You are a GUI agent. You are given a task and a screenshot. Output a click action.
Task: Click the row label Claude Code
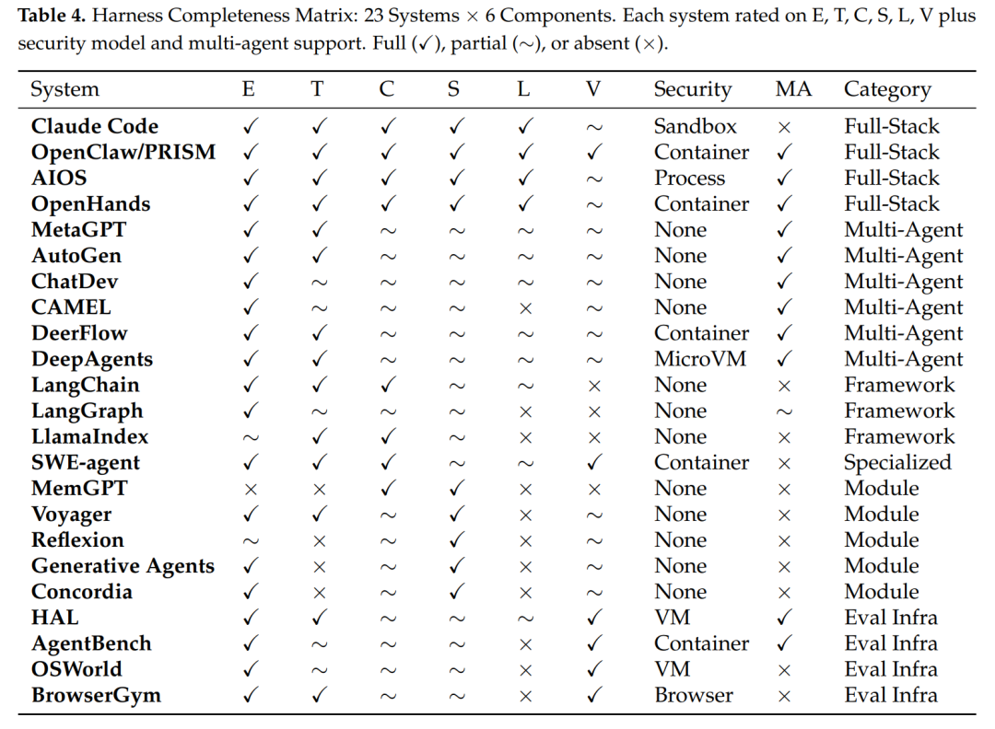[94, 127]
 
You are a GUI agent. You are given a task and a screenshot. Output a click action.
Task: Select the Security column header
[692, 89]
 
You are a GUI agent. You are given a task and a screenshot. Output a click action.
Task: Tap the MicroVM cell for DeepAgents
[700, 360]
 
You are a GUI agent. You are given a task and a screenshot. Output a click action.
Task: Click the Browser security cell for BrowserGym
[694, 695]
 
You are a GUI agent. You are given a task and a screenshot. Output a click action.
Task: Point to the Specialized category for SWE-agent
[897, 463]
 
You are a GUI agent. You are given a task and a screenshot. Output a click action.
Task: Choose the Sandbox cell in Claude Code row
[695, 127]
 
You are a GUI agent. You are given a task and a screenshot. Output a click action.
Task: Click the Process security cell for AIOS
[689, 179]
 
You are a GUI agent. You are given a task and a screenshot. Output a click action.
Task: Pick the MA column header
[793, 89]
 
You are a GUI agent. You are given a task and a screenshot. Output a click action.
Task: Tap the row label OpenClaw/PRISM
[123, 153]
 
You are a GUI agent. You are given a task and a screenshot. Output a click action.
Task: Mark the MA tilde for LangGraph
[784, 411]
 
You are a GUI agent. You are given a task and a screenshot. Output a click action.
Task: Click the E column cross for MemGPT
[250, 489]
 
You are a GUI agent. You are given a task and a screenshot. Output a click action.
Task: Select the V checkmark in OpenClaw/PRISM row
[594, 153]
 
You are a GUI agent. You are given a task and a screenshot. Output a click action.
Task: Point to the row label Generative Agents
[123, 566]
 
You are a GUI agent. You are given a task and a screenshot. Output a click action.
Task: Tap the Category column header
[887, 89]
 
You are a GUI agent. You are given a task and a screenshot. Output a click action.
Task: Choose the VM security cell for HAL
[672, 618]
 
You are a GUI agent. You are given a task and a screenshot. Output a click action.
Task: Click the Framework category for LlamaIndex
[899, 437]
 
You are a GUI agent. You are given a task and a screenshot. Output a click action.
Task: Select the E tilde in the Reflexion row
[250, 540]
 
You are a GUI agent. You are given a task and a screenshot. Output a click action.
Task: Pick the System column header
[64, 89]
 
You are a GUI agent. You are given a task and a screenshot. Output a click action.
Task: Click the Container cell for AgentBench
[701, 643]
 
